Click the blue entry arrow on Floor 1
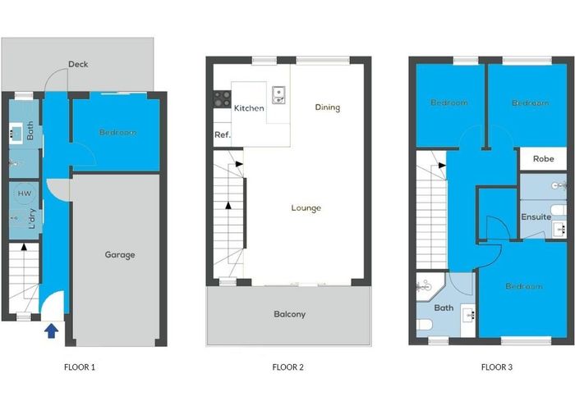coord(51,331)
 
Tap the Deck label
coord(78,65)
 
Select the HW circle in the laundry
coord(25,194)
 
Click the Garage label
coord(120,255)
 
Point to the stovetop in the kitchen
coord(223,99)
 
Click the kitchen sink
coord(278,95)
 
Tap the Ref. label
coord(223,134)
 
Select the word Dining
coord(328,107)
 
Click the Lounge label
coord(306,208)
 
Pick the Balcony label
coord(290,314)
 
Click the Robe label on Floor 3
coord(544,159)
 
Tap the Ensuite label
coord(536,216)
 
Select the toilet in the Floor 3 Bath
coord(425,325)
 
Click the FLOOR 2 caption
coord(287,367)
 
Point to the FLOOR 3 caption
coord(497,367)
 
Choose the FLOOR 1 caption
coord(80,367)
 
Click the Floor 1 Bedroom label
coord(117,132)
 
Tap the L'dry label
coord(32,219)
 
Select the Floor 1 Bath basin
coord(16,133)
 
